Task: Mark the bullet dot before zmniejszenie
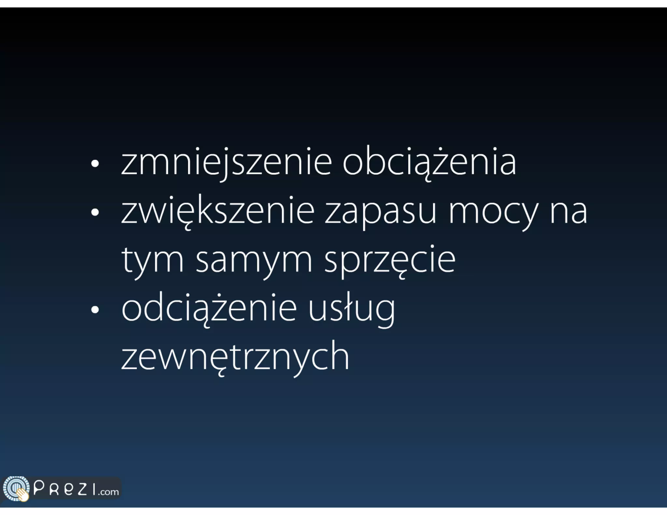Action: point(95,164)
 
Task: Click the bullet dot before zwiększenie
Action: point(95,212)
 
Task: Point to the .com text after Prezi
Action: point(109,492)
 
